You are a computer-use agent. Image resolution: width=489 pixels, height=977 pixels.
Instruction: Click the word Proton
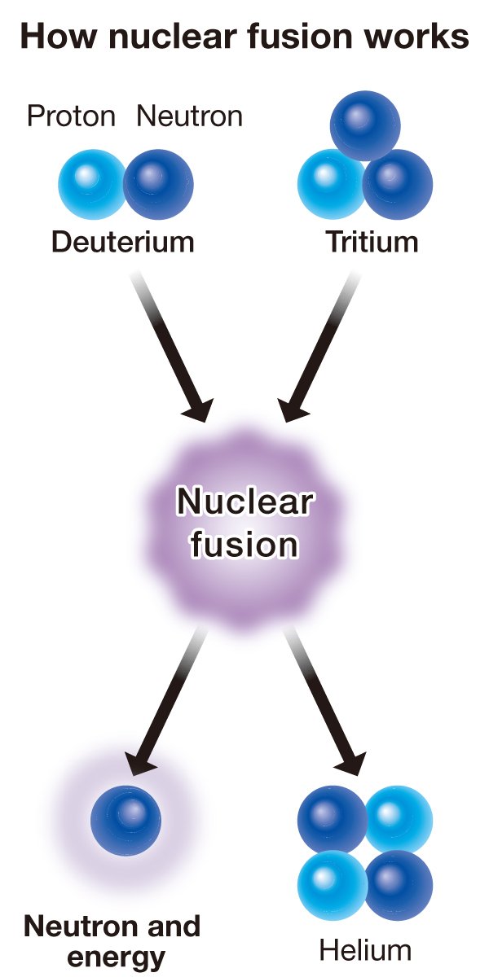click(x=72, y=117)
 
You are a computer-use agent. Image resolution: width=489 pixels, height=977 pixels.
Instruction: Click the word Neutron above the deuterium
click(x=189, y=117)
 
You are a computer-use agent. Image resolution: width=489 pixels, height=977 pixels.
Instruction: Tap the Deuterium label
click(x=123, y=242)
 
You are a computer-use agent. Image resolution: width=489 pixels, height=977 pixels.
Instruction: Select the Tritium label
click(x=372, y=242)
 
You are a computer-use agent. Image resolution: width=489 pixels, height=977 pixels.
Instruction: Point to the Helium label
click(x=365, y=950)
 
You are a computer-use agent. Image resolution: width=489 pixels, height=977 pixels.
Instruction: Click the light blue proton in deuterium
click(x=91, y=185)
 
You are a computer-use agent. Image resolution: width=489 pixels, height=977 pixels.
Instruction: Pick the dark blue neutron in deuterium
click(x=160, y=185)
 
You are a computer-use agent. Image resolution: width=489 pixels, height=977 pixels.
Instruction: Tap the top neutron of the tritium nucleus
click(x=365, y=125)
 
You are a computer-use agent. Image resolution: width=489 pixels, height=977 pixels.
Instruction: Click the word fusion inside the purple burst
click(x=244, y=543)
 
